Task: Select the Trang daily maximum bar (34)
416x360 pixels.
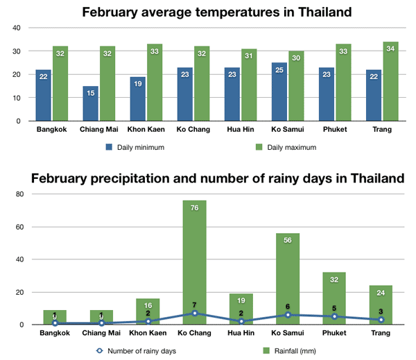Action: point(390,81)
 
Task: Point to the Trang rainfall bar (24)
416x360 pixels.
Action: point(381,305)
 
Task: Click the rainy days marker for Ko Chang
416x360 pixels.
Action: point(194,313)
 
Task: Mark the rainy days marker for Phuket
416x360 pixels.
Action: point(334,316)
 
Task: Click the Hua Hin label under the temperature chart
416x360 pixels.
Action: point(241,130)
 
